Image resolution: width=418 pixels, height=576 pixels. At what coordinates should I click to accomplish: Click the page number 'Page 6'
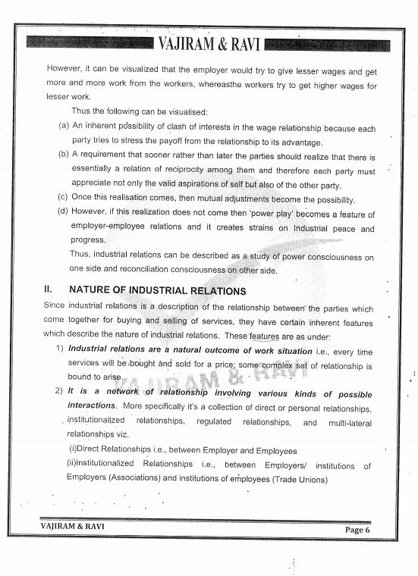coord(357,529)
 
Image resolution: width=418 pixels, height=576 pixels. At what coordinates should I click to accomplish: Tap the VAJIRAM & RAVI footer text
coord(73,525)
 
